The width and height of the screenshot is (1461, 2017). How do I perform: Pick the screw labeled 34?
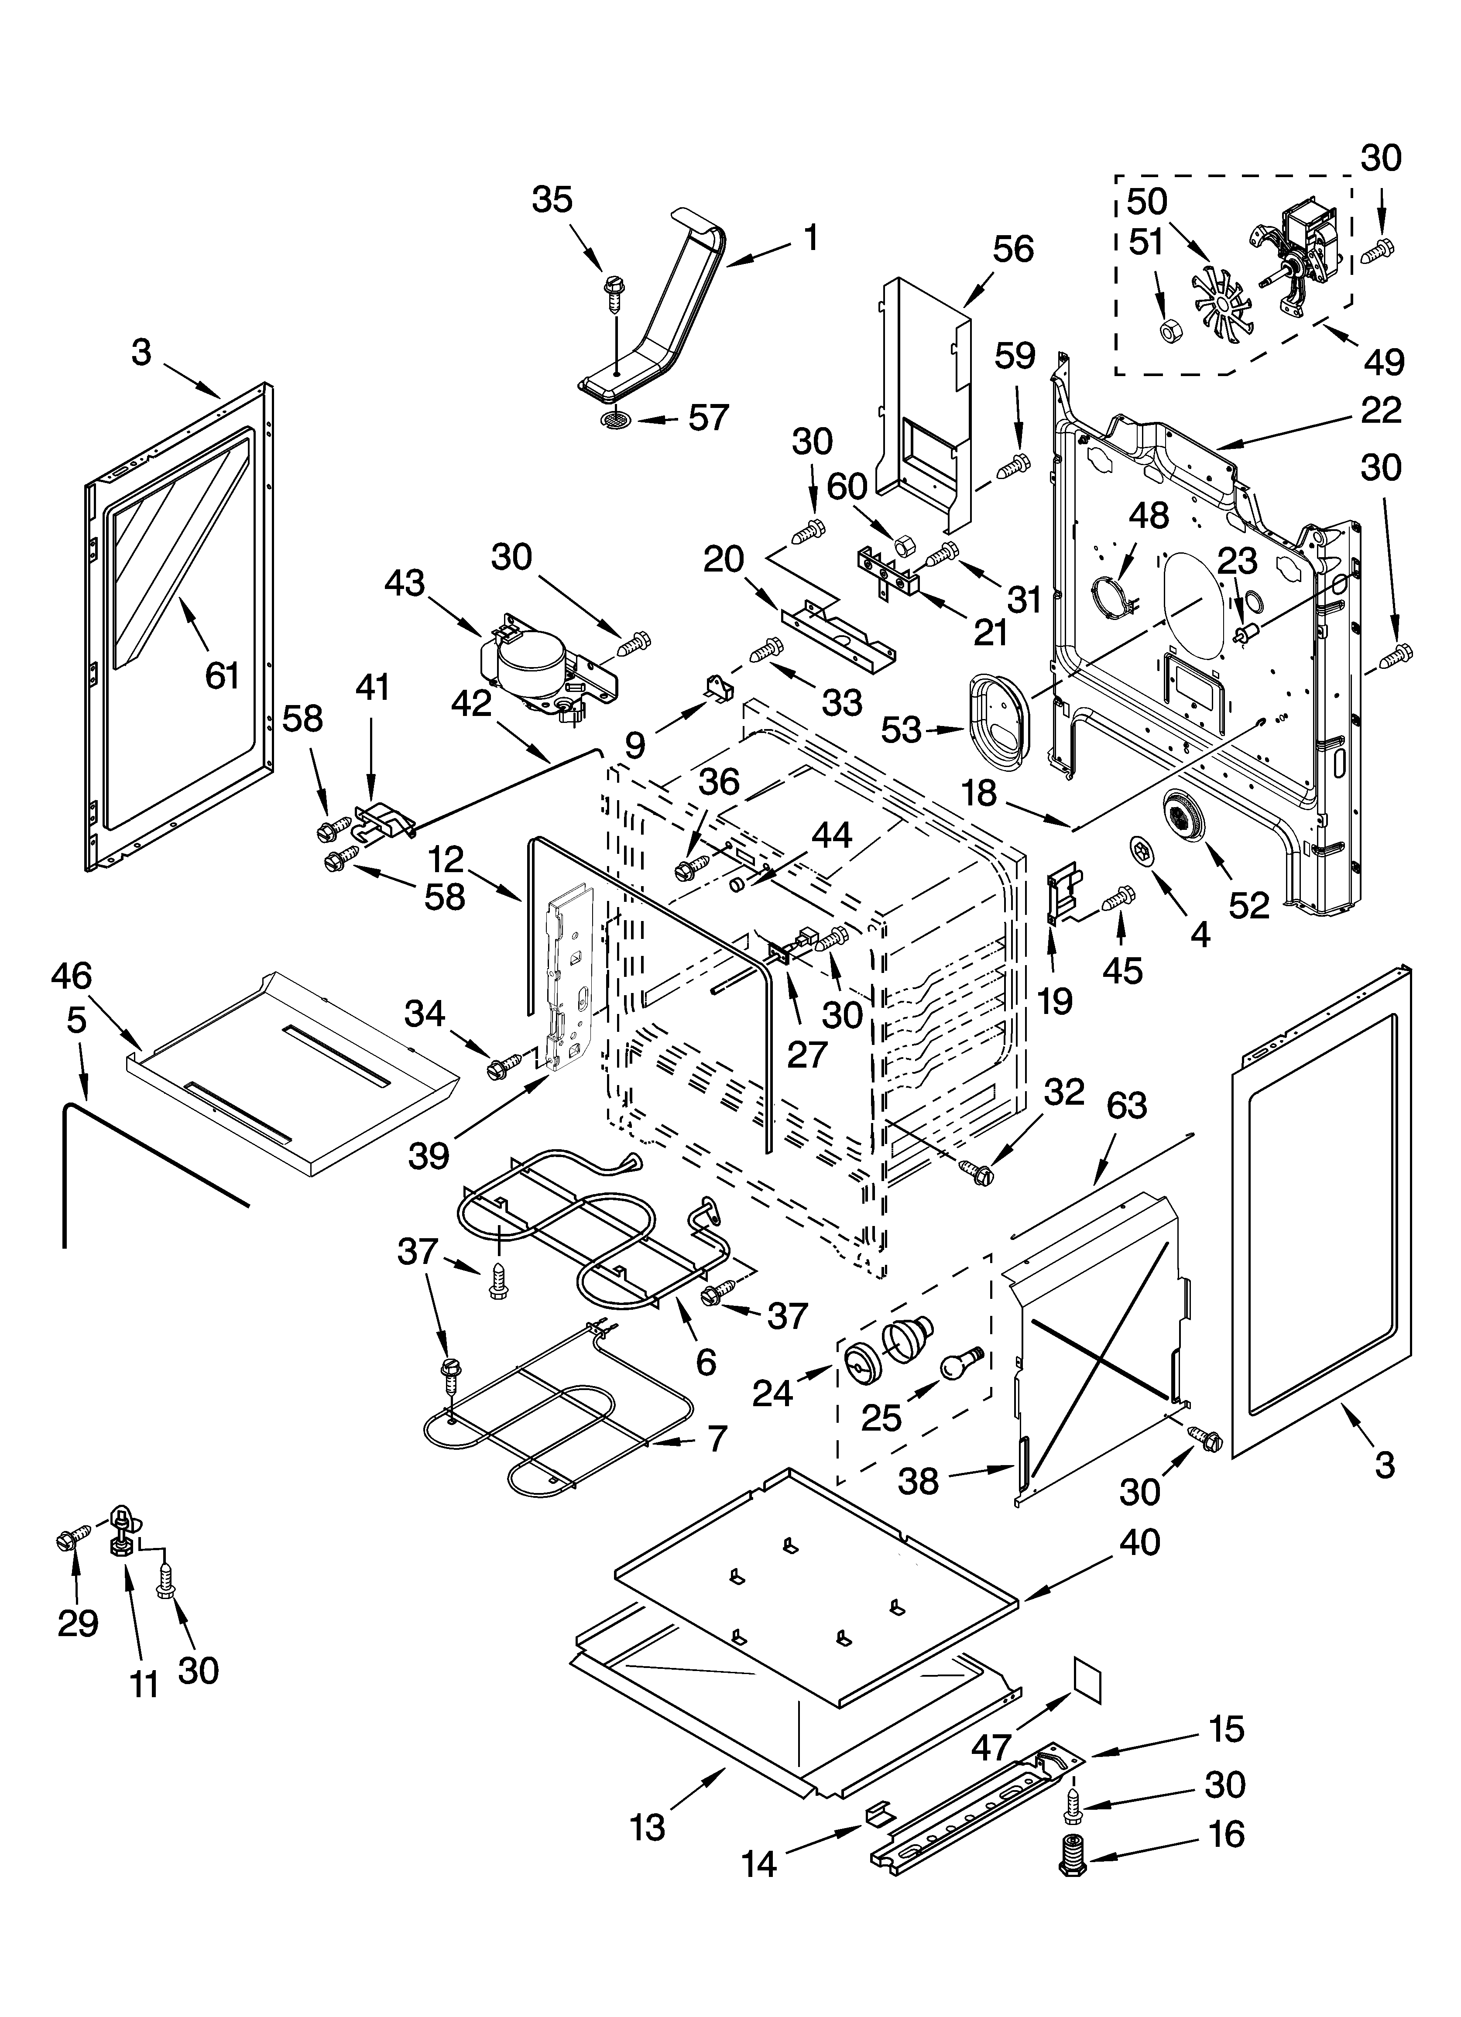(x=504, y=1066)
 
